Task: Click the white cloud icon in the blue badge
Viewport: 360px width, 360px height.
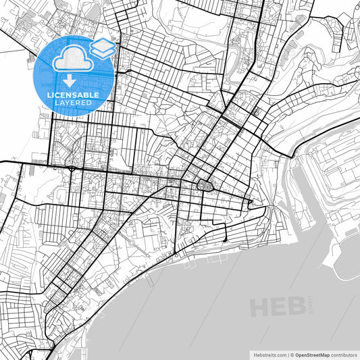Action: point(72,59)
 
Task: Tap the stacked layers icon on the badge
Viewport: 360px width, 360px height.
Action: point(103,47)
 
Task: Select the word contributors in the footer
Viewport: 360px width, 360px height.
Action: point(343,354)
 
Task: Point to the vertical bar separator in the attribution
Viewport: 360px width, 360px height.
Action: point(286,354)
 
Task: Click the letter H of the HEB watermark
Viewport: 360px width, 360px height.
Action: point(260,307)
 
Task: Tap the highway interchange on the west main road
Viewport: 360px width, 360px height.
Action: point(72,167)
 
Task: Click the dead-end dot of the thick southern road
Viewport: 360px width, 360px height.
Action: point(225,240)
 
